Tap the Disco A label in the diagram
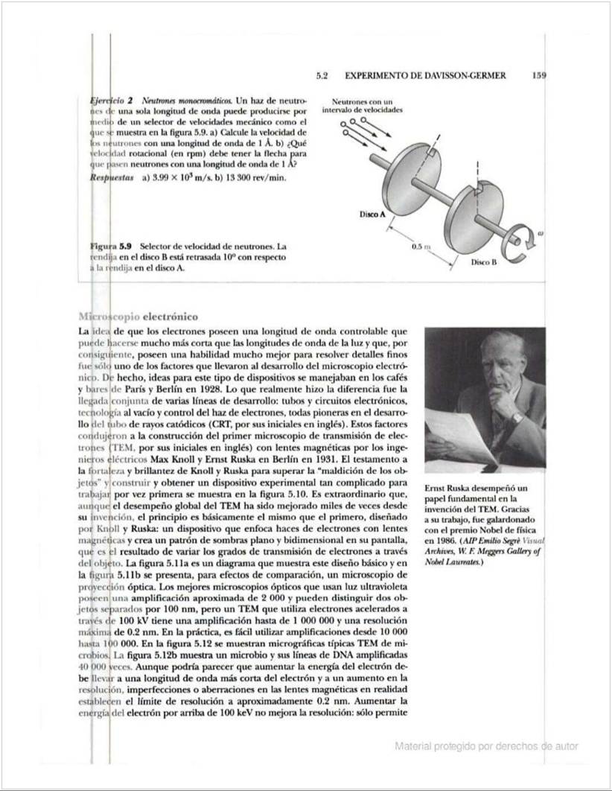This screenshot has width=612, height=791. click(372, 214)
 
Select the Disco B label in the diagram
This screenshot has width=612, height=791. click(483, 262)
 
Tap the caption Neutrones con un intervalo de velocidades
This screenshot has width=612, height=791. click(362, 105)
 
